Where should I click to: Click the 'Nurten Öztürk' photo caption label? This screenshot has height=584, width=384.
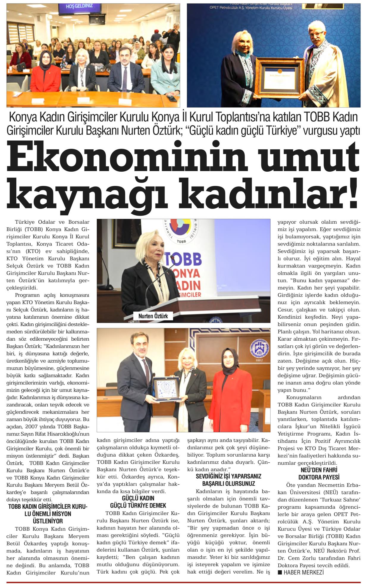point(153,316)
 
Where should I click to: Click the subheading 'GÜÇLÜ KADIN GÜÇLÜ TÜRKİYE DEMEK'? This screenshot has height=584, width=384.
point(138,502)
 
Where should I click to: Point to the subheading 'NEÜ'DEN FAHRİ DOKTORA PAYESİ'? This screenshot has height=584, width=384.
point(319,474)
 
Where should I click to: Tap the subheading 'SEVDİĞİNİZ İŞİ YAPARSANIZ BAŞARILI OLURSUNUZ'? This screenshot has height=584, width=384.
point(228,480)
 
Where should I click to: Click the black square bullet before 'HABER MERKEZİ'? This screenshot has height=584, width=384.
point(280,572)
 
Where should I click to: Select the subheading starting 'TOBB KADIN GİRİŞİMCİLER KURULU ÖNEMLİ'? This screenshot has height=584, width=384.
point(48,514)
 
